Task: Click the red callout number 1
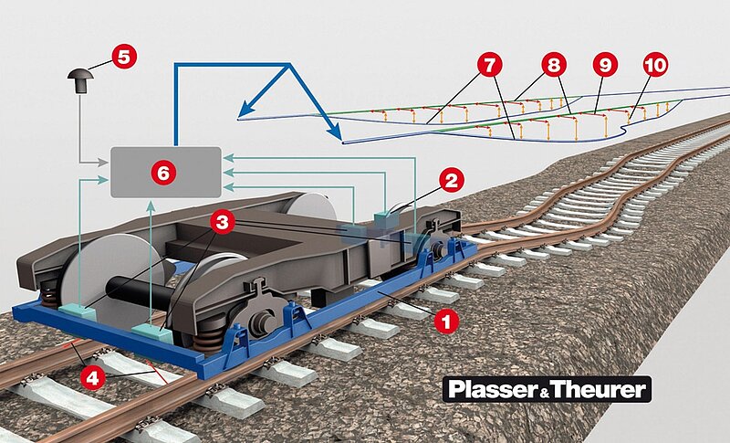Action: point(444,321)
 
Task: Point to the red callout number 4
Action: point(92,374)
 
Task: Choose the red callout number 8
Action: point(552,65)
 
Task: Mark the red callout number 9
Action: point(604,65)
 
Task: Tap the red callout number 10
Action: point(654,65)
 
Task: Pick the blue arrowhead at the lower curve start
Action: point(337,138)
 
